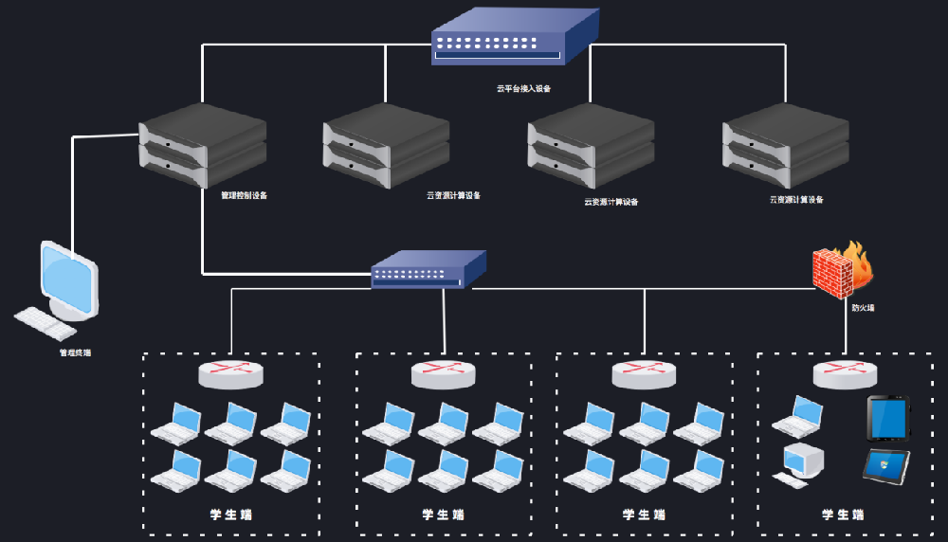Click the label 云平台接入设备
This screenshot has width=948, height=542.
pos(523,88)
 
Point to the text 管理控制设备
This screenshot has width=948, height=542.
pos(244,196)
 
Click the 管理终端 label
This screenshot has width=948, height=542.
pos(76,352)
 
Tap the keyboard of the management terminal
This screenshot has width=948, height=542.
pos(46,322)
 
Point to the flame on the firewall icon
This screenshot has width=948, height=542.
pos(859,261)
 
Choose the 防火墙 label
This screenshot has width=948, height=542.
pos(863,307)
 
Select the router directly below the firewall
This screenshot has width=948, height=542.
pos(846,374)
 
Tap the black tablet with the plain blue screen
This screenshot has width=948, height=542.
pos(888,418)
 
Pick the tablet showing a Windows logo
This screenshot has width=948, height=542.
pos(886,465)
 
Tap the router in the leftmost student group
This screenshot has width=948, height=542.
pos(230,373)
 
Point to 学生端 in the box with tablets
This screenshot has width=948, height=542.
pos(843,515)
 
